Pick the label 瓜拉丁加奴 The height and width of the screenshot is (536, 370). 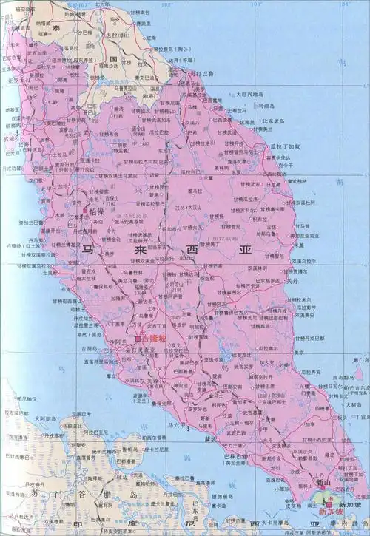286,147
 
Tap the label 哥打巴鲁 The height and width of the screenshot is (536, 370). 201,74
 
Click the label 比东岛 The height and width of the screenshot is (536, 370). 272,118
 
